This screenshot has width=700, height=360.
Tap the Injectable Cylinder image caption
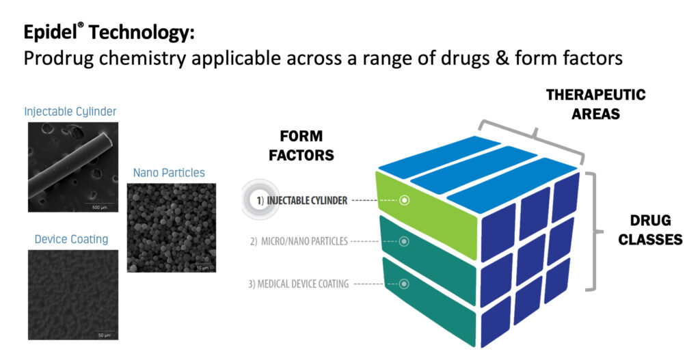click(x=70, y=111)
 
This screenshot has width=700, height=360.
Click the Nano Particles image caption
click(x=169, y=173)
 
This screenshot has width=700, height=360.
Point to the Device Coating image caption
click(x=71, y=240)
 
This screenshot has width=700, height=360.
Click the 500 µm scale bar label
click(x=99, y=208)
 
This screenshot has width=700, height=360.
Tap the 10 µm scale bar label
click(x=202, y=268)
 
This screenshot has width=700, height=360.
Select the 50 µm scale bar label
click(x=104, y=335)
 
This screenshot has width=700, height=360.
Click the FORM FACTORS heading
click(x=301, y=146)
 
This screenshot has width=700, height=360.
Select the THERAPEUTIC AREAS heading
click(x=595, y=104)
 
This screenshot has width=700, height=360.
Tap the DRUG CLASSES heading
click(x=650, y=230)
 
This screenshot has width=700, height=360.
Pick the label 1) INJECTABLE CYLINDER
click(x=301, y=201)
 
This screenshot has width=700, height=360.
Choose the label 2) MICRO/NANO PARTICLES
click(x=299, y=241)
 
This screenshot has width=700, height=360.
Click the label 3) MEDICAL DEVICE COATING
click(x=298, y=283)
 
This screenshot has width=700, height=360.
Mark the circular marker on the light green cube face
click(x=404, y=200)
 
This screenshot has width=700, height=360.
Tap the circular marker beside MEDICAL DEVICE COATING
click(x=404, y=283)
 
